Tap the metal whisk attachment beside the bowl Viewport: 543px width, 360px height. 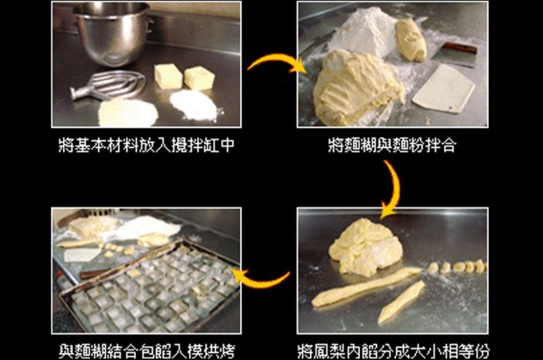[x=108, y=85]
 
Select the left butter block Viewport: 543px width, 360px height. [x=168, y=76]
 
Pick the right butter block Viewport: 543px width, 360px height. [x=199, y=78]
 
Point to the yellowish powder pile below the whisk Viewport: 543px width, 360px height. [x=128, y=113]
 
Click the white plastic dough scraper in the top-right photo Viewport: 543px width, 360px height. [x=444, y=88]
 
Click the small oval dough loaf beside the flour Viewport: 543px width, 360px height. [x=412, y=39]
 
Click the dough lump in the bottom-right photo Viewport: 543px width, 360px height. [x=365, y=247]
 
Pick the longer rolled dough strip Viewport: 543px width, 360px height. [x=365, y=287]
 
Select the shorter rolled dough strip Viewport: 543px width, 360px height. [x=402, y=302]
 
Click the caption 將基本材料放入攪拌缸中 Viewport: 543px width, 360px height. [x=146, y=145]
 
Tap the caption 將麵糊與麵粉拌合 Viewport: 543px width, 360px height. [x=392, y=145]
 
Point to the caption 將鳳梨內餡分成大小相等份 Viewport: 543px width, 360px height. [x=394, y=351]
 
